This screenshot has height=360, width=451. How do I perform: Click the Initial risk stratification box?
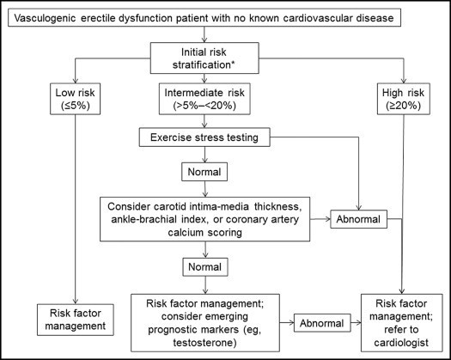(204, 58)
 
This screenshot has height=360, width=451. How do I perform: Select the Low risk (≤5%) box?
(75, 99)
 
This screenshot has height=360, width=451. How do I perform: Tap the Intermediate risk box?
(204, 99)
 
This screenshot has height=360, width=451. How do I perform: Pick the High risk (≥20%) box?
(404, 99)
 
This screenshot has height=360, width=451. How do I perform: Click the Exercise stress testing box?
(204, 137)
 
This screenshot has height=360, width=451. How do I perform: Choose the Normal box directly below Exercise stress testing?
(204, 172)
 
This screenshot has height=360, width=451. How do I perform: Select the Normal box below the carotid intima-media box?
(205, 266)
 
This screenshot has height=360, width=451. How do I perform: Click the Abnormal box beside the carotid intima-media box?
(359, 219)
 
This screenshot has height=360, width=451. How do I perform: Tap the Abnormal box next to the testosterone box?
(322, 323)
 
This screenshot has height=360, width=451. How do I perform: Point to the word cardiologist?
(401, 343)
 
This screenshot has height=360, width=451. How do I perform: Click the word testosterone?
(204, 343)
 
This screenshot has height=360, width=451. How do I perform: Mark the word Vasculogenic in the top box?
(46, 18)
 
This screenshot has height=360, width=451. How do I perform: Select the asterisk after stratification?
(233, 63)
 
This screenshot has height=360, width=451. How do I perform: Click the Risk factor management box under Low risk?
(76, 320)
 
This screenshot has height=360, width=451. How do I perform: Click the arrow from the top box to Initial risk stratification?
(204, 34)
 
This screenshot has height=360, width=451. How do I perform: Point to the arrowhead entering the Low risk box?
(76, 81)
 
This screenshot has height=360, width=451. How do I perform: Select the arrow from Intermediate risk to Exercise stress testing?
(204, 121)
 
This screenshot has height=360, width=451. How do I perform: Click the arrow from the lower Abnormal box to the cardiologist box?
(356, 322)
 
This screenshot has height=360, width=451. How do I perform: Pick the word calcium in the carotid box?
(186, 232)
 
